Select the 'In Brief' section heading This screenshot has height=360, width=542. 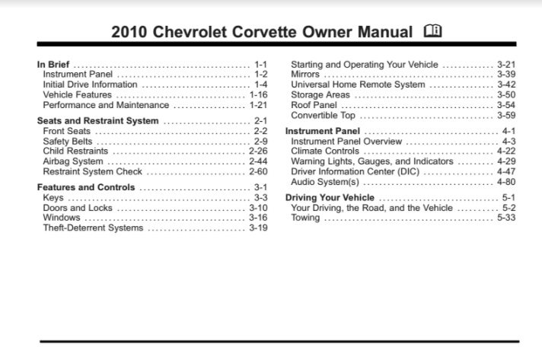point(53,65)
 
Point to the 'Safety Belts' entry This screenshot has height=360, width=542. point(69,142)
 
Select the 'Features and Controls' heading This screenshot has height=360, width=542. point(84,187)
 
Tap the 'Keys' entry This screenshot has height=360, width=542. point(53,198)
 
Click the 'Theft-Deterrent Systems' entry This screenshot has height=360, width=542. point(94,228)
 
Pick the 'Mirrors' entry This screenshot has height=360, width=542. point(305,75)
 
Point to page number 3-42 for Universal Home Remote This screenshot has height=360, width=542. point(505,85)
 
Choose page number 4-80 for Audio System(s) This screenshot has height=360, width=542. point(505,183)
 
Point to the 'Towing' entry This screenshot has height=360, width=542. point(305,218)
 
